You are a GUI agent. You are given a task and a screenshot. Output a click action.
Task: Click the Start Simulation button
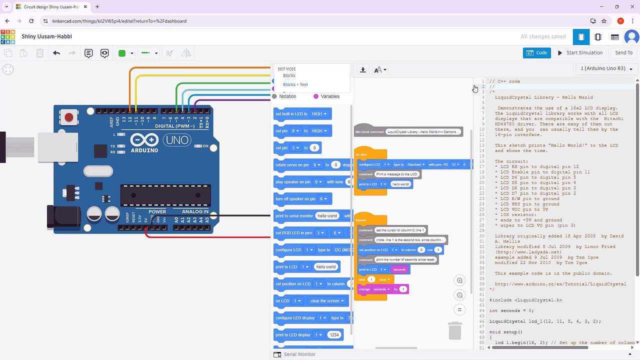coord(580,52)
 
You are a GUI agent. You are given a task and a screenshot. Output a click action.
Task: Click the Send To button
coord(623,52)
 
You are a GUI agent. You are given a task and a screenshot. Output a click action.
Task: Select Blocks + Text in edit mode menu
coord(295,84)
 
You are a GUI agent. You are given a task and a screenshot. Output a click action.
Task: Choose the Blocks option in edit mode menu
coord(289,75)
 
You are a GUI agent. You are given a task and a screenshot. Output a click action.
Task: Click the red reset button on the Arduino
coord(69,118)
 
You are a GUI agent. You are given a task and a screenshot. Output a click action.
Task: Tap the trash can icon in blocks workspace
coord(454,330)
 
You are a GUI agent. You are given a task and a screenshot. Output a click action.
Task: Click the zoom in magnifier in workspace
coord(459,280)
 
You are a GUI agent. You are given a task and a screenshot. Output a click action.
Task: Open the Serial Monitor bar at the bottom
coord(299,354)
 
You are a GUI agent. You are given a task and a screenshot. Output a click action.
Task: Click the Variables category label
coord(329,96)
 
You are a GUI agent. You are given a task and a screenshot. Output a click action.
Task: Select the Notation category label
coord(287,96)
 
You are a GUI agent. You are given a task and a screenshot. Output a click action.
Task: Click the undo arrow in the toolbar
coord(56,53)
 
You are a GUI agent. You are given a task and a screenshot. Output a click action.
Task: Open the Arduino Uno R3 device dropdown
coord(606,68)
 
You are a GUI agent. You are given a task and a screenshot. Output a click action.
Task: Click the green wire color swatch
coord(121,53)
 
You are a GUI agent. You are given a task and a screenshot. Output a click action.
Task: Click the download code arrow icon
coord(363,70)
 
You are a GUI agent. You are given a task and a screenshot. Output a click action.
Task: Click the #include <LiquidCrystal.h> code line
coord(525,300)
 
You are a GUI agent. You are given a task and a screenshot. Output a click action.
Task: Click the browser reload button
coord(31,21)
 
